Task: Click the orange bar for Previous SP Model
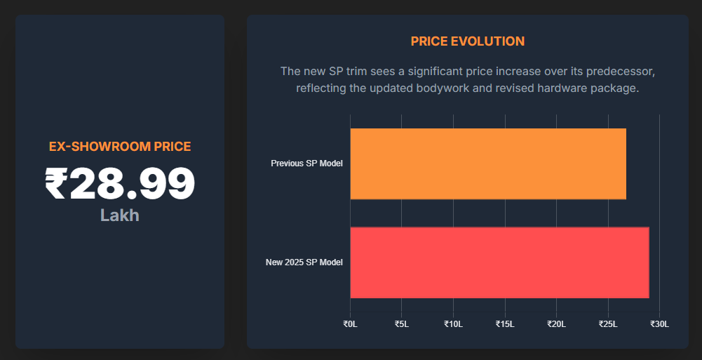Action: [x=488, y=164]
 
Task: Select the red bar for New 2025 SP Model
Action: [x=499, y=262]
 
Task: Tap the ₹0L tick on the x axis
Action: [x=350, y=324]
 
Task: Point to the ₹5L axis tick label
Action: [x=401, y=324]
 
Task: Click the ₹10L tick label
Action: [x=453, y=324]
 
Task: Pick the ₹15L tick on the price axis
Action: [x=505, y=324]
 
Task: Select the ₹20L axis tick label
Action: [x=556, y=324]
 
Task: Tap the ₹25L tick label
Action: [x=608, y=324]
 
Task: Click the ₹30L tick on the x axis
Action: [x=659, y=324]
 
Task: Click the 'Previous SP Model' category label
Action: [x=306, y=164]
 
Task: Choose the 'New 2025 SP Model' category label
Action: [x=304, y=262]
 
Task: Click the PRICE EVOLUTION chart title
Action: [x=467, y=41]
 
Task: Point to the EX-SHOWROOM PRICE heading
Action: [x=120, y=147]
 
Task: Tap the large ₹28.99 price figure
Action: [x=120, y=183]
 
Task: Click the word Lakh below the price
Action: [x=120, y=215]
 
